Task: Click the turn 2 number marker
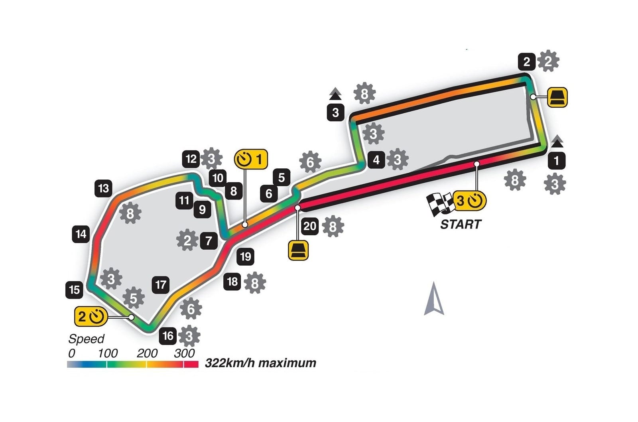526,62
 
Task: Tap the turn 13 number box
104,188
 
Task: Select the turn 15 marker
75,290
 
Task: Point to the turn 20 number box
310,226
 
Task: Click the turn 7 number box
209,241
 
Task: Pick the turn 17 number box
161,284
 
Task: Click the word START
461,224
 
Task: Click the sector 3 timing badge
469,201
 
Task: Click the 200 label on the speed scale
147,353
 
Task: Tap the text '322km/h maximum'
260,363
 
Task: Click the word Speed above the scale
86,339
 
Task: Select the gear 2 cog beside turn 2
548,61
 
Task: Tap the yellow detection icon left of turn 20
298,250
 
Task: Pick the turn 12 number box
191,159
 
